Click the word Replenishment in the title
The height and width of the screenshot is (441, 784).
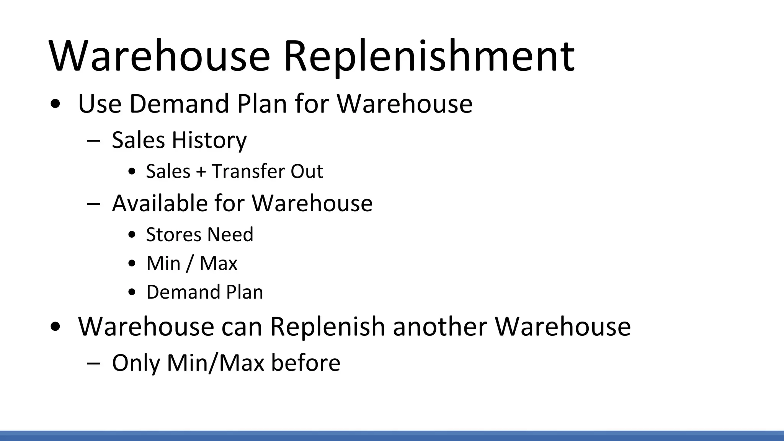click(x=428, y=57)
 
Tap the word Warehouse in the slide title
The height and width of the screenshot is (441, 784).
click(x=159, y=57)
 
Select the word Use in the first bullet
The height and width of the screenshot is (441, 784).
click(x=100, y=104)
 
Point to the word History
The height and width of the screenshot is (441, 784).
click(x=209, y=140)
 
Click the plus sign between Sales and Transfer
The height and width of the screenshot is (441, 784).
click(x=201, y=171)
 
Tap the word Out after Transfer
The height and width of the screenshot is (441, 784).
click(x=307, y=171)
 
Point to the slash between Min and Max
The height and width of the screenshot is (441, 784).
click(x=190, y=263)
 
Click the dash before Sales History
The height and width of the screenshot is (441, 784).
click(x=93, y=140)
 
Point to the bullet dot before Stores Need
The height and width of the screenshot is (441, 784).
click(x=132, y=235)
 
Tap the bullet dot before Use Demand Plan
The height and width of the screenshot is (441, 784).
click(x=56, y=105)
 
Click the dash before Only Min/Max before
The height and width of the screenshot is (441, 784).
click(x=93, y=363)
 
